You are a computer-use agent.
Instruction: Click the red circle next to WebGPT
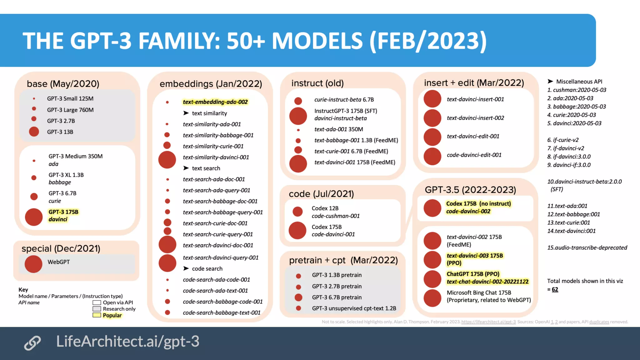[x=33, y=264]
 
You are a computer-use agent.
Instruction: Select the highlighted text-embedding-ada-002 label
[x=215, y=102]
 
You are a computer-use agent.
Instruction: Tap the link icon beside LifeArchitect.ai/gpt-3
[x=32, y=342]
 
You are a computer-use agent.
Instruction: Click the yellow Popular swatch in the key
[x=97, y=315]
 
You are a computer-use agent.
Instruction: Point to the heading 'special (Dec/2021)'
[x=61, y=248]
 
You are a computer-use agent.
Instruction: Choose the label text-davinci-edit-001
[x=473, y=136]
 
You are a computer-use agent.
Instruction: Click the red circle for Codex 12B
[x=297, y=212]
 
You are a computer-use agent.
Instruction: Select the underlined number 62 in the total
[x=555, y=289]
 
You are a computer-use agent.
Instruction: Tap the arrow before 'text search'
[x=186, y=168]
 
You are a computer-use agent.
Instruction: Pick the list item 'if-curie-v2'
[x=565, y=140]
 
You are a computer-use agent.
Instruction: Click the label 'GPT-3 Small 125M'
[x=70, y=98]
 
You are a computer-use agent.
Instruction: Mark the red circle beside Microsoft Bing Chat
[x=432, y=298]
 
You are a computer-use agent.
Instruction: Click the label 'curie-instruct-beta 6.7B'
[x=344, y=99]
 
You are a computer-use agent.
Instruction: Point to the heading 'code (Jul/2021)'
[x=321, y=194]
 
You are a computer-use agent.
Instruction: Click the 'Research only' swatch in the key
[x=97, y=309]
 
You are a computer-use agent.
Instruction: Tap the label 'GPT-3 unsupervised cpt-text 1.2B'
[x=354, y=308]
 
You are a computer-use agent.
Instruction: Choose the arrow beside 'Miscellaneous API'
[x=550, y=81]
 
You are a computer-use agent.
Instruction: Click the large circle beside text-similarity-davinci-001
[x=167, y=160]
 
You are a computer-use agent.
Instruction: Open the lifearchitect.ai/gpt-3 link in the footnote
[x=488, y=322]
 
